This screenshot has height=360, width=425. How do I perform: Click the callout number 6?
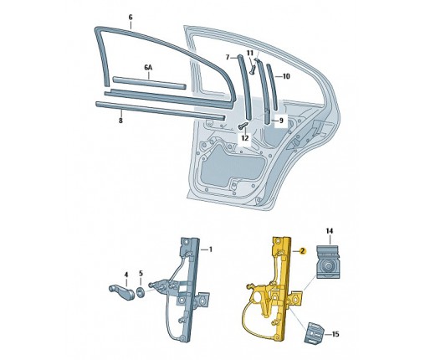pos(131,17)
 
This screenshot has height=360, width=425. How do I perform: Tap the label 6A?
pos(148,68)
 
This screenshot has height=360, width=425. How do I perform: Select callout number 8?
pos(120,121)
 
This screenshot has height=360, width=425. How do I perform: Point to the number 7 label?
pos(228,57)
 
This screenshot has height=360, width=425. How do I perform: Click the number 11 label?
pos(250,53)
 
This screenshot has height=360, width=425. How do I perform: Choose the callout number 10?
pos(286,76)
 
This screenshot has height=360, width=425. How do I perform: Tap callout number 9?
pos(281,121)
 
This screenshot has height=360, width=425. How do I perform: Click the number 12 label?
pos(245,138)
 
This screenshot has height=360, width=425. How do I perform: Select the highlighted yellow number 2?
pos(303,251)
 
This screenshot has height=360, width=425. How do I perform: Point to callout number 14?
pos(330,231)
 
